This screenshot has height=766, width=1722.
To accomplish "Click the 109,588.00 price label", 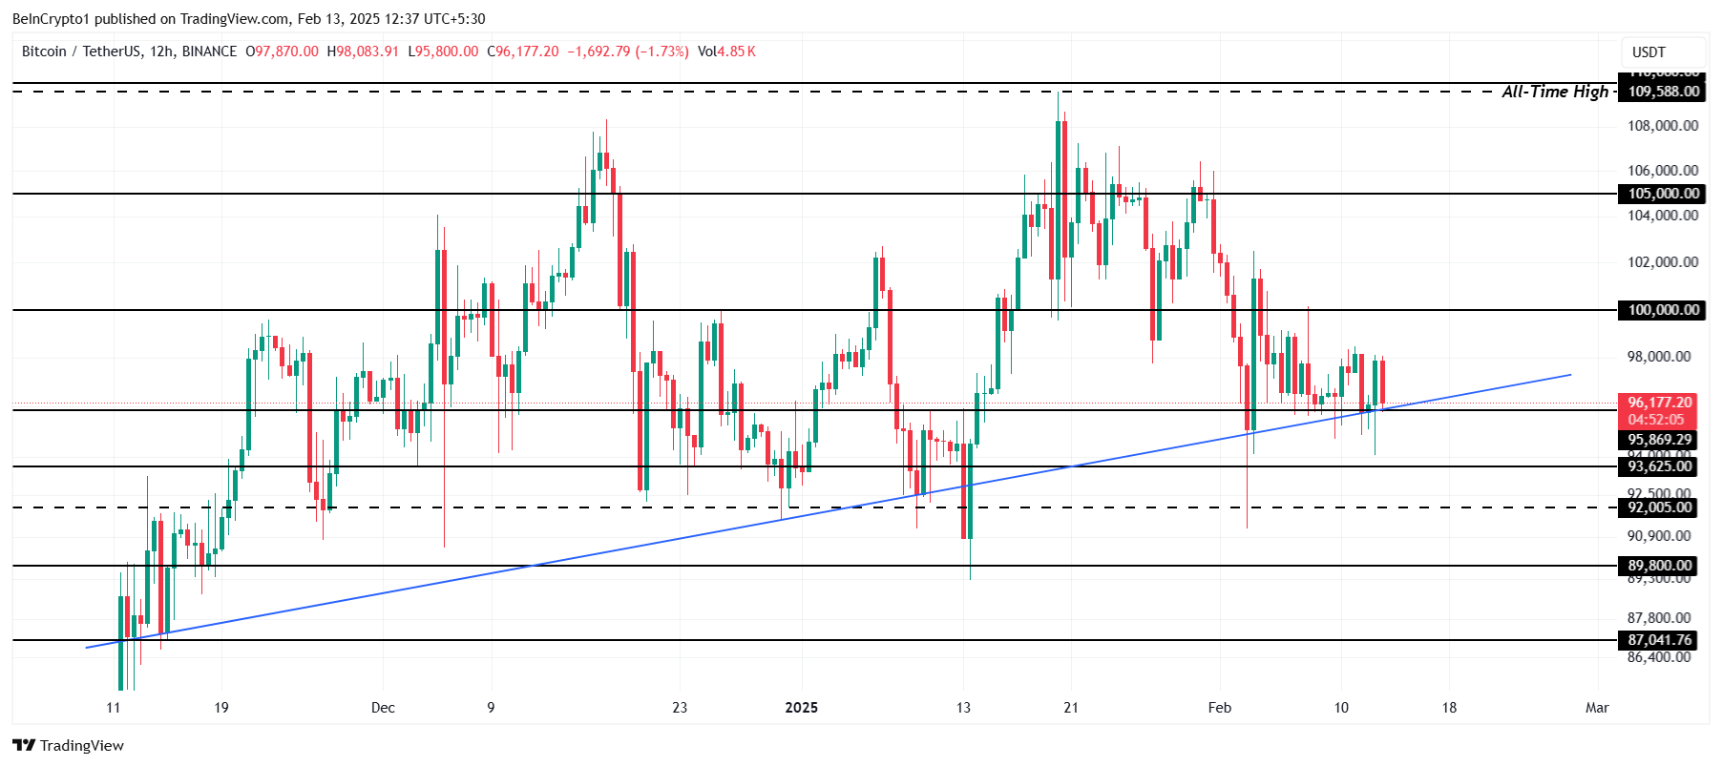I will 1663,92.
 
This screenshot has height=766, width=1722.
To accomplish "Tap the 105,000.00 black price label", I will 1663,194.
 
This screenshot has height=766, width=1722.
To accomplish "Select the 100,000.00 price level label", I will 1663,310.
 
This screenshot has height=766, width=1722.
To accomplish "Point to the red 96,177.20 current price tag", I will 1659,404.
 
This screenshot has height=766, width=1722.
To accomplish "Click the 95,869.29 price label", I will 1659,440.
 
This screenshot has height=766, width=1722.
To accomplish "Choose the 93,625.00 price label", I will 1659,466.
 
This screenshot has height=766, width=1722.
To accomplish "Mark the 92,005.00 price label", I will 1659,507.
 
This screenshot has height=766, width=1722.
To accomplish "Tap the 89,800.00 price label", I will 1659,566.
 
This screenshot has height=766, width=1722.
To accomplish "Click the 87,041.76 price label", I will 1659,640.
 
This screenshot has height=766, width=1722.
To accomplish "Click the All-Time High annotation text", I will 1555,92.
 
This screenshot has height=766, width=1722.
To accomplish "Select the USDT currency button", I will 1648,52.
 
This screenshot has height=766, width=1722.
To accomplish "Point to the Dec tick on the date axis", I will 383,708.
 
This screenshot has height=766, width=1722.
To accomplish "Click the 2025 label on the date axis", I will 801,708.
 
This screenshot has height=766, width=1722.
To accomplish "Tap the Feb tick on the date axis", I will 1219,708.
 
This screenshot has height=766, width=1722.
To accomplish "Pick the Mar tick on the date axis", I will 1597,708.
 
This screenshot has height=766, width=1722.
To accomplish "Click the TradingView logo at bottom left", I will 69,746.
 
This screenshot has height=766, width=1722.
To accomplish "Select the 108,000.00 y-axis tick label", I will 1662,126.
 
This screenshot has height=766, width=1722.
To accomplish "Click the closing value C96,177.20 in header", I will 523,52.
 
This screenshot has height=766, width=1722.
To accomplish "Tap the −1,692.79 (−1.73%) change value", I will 628,52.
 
